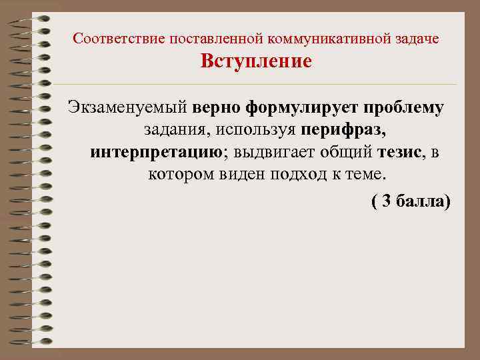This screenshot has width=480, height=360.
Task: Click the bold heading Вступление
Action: click(x=256, y=62)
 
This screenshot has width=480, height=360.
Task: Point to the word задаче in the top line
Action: click(x=418, y=38)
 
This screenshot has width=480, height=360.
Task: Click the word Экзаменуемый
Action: click(x=127, y=109)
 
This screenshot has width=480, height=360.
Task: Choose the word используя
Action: click(x=253, y=131)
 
